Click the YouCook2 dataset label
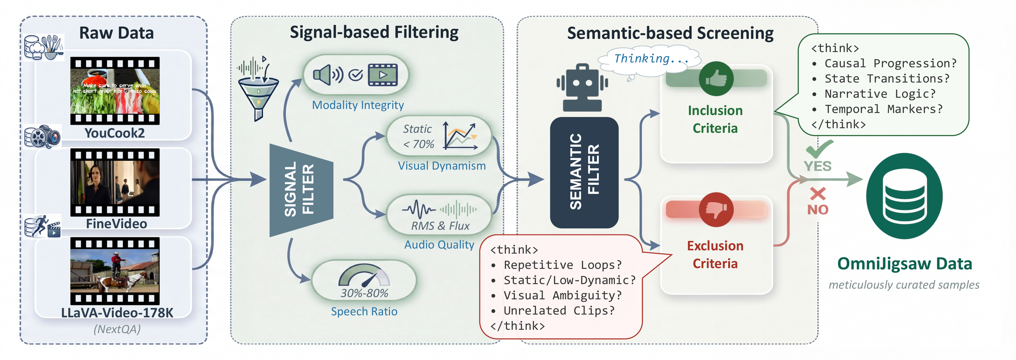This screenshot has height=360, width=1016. [115, 133]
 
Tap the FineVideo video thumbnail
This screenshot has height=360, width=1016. [115, 182]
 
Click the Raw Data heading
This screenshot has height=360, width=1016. [116, 33]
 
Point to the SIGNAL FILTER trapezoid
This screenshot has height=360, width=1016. [301, 190]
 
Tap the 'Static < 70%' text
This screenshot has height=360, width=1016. [418, 136]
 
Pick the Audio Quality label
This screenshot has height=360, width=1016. [439, 244]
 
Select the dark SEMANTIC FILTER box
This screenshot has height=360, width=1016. [584, 172]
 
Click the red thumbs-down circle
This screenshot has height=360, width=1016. [716, 209]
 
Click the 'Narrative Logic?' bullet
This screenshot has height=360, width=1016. [880, 94]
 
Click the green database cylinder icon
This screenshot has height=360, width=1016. [904, 196]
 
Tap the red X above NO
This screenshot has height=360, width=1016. [818, 194]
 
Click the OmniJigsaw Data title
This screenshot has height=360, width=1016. [904, 263]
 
